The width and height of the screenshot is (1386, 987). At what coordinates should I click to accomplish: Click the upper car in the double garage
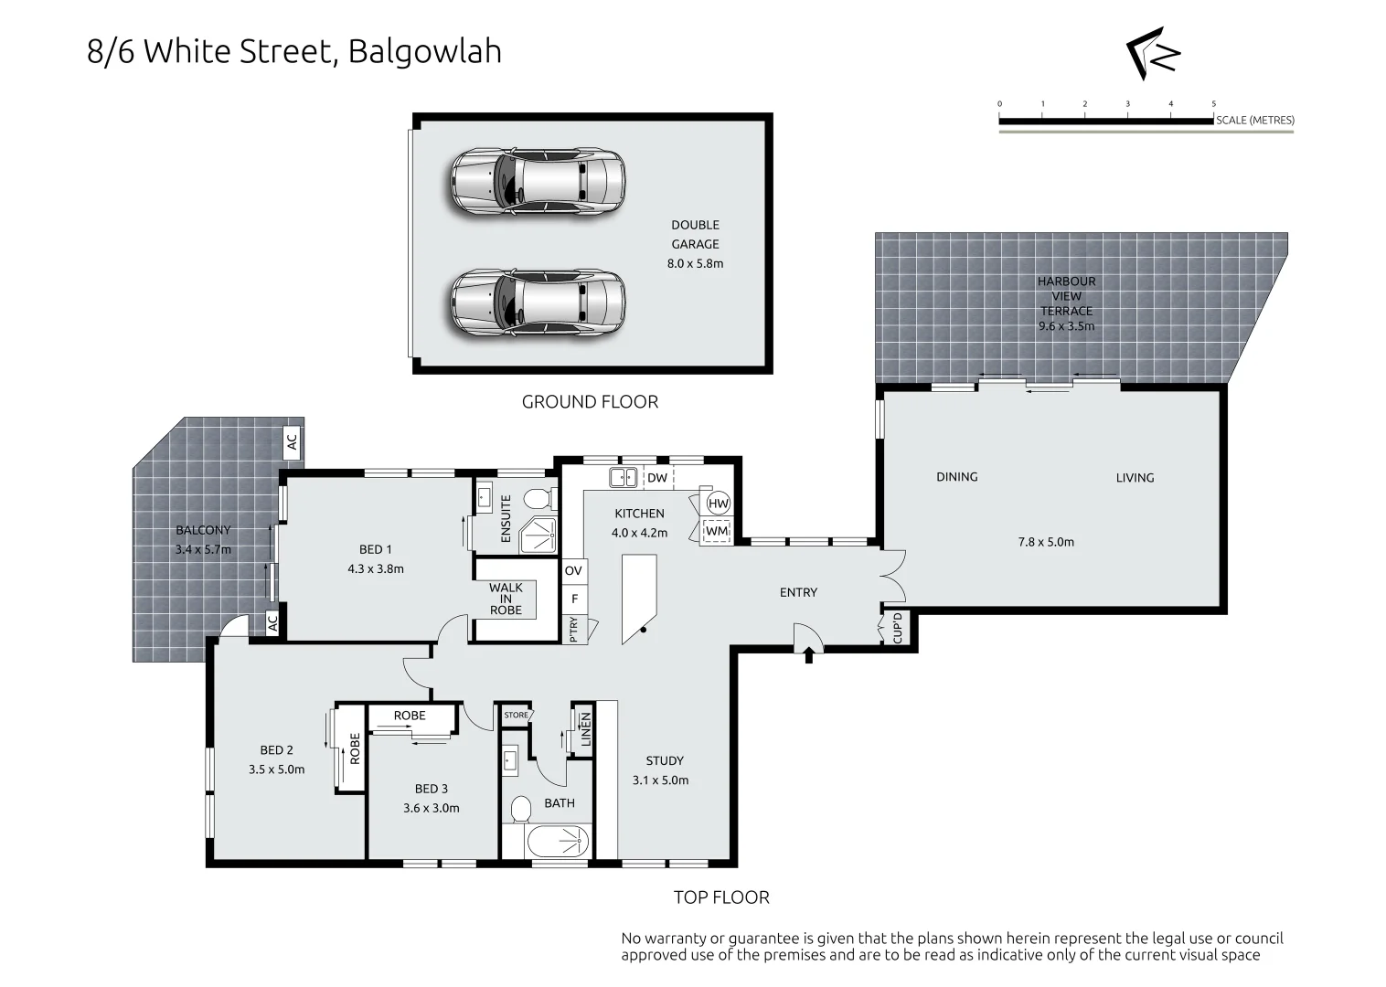pyautogui.click(x=537, y=181)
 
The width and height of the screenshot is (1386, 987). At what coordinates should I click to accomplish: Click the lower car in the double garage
pyautogui.click(x=537, y=303)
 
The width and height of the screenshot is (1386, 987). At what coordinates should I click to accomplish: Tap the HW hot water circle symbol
pyautogui.click(x=718, y=504)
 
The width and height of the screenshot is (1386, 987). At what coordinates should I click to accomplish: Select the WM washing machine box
pyautogui.click(x=717, y=531)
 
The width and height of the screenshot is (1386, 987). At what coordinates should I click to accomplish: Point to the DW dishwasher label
pyautogui.click(x=657, y=477)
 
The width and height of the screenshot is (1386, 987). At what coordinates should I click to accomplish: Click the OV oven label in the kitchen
pyautogui.click(x=573, y=571)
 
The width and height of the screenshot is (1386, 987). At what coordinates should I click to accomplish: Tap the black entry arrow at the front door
pyautogui.click(x=809, y=654)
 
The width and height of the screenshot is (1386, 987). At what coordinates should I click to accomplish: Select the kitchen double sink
pyautogui.click(x=624, y=477)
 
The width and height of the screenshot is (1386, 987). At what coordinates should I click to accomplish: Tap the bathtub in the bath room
pyautogui.click(x=557, y=842)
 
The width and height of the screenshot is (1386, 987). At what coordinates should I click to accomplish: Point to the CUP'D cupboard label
pyautogui.click(x=899, y=629)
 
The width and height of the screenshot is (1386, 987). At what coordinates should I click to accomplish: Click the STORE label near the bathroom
pyautogui.click(x=516, y=715)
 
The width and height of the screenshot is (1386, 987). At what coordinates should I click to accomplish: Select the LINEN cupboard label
pyautogui.click(x=585, y=729)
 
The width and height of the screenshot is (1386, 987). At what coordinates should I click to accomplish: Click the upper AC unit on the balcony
pyautogui.click(x=292, y=442)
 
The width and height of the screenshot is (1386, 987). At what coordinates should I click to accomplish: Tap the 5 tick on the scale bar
pyautogui.click(x=1214, y=104)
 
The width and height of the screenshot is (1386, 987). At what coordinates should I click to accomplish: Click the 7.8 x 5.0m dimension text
pyautogui.click(x=1046, y=542)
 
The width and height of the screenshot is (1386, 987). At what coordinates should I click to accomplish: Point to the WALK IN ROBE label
pyautogui.click(x=506, y=599)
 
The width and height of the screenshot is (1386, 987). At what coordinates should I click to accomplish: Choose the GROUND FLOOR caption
pyautogui.click(x=590, y=402)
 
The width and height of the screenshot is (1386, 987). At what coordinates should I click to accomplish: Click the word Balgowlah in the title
pyautogui.click(x=424, y=51)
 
